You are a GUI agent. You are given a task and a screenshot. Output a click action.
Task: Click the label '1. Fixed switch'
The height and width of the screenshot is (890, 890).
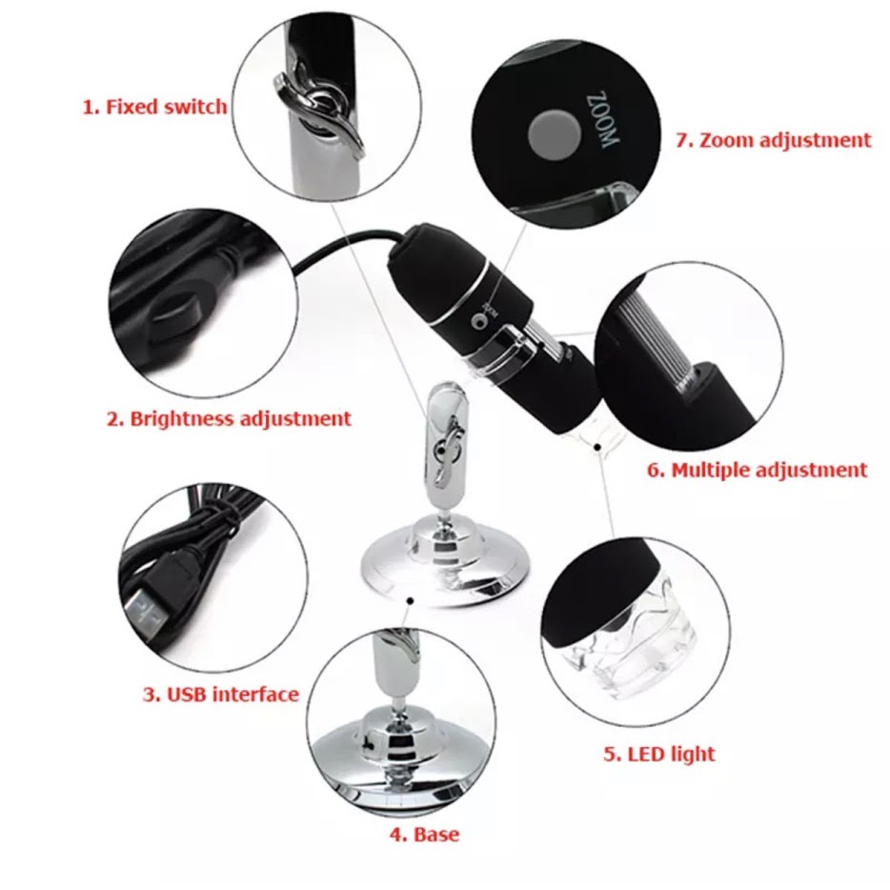click(x=154, y=106)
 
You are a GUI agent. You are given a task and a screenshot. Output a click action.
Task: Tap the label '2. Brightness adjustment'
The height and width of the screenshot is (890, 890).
click(x=228, y=418)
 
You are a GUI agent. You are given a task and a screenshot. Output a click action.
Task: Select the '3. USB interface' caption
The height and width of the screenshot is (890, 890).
click(x=221, y=694)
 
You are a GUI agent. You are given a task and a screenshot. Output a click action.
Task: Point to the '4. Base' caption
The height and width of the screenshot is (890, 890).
click(x=424, y=835)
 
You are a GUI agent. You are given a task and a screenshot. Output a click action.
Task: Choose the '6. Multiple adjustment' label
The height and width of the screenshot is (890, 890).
click(x=758, y=470)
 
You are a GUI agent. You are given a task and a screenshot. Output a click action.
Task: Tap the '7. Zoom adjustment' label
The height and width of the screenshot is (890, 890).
click(x=773, y=140)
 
